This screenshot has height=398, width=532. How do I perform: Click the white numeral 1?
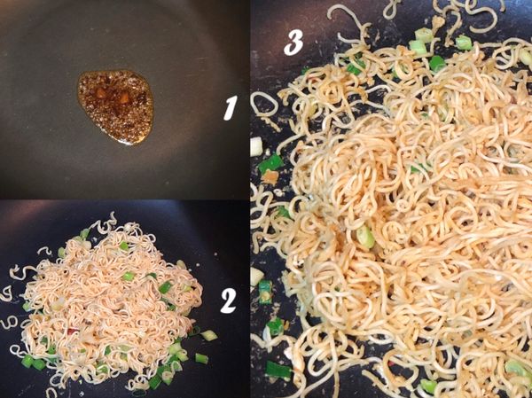click(230, 108)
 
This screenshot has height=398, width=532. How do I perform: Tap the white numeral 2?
click(228, 301)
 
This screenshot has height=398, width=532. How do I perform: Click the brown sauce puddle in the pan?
click(115, 106)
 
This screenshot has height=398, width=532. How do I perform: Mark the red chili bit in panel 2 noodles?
click(74, 330)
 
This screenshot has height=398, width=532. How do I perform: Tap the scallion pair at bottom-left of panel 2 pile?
click(32, 362)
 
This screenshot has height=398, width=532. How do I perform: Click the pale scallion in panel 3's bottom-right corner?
click(514, 367)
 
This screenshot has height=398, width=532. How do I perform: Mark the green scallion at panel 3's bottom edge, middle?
click(429, 386)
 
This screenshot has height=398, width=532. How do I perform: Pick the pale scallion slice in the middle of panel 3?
click(364, 237)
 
